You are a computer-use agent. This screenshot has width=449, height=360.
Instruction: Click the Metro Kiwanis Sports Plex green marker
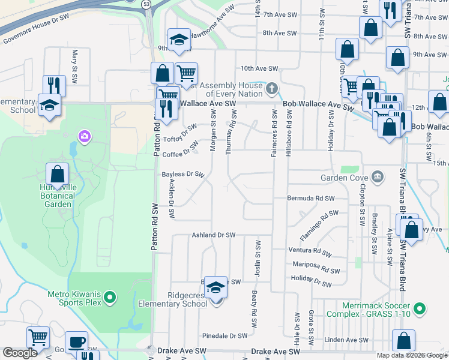[109, 297]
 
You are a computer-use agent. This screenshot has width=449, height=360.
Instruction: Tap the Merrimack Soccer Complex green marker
[420, 310]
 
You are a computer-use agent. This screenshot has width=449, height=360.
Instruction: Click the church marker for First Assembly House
[271, 90]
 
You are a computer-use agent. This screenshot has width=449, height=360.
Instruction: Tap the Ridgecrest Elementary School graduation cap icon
[215, 289]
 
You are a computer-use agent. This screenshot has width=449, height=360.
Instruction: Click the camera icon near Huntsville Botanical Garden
[83, 137]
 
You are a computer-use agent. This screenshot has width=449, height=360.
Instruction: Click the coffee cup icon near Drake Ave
[76, 342]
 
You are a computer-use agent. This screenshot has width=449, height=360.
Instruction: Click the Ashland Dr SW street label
[213, 235]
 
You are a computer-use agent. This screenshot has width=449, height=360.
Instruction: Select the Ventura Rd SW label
[310, 250]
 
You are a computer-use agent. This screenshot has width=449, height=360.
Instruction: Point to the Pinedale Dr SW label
[225, 335]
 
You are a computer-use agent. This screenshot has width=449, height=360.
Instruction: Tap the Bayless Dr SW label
[184, 175]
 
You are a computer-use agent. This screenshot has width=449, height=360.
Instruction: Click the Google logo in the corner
[20, 353]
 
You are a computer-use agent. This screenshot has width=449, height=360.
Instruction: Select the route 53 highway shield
[146, 4]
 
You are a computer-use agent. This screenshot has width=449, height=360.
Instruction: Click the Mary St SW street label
[76, 67]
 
